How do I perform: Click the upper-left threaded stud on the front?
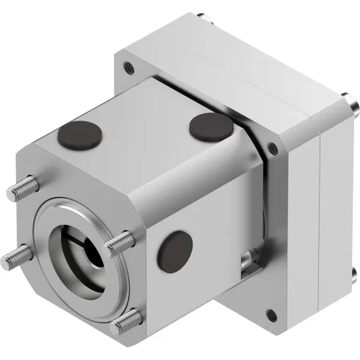pyautogui.click(x=22, y=190)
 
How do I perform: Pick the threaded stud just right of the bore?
pyautogui.click(x=120, y=242)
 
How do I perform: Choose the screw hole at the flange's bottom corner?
pyautogui.click(x=273, y=317)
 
